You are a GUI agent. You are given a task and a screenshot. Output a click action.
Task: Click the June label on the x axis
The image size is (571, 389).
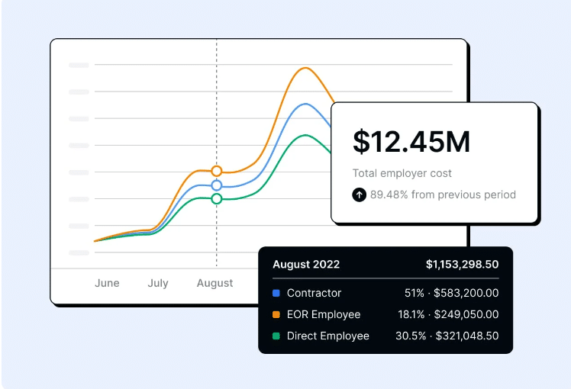(107, 283)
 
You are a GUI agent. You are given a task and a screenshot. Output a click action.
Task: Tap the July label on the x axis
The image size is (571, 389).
(158, 283)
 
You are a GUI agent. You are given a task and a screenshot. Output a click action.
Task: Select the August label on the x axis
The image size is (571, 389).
(215, 283)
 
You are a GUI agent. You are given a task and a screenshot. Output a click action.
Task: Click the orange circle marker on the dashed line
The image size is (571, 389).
(217, 171)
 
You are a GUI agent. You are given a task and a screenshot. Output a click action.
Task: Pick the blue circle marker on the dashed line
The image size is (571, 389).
(217, 185)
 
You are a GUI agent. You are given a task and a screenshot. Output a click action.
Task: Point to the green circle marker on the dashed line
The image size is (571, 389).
(217, 198)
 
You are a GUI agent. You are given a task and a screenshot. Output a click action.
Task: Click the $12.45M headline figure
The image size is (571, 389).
(411, 141)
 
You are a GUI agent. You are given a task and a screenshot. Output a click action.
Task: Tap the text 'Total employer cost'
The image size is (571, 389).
(402, 173)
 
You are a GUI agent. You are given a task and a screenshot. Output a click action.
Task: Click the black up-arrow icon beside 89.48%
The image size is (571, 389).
(360, 194)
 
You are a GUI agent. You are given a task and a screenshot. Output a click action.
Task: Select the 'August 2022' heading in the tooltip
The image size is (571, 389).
(306, 265)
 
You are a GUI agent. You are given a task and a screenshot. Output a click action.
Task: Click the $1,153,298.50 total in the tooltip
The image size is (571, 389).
(463, 265)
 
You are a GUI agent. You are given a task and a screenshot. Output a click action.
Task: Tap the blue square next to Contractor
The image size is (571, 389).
(276, 293)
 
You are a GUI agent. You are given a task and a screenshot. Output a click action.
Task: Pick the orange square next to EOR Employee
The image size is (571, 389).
(276, 314)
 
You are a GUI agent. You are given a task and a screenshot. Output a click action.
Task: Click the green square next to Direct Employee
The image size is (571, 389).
(276, 336)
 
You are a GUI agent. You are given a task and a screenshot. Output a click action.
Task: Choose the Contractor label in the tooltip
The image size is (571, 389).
(314, 293)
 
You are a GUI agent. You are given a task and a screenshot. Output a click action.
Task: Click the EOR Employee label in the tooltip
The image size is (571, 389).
(324, 314)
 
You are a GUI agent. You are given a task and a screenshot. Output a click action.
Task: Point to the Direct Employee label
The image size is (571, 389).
(328, 336)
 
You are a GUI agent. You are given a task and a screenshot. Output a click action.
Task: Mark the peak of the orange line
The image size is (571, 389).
(305, 68)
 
